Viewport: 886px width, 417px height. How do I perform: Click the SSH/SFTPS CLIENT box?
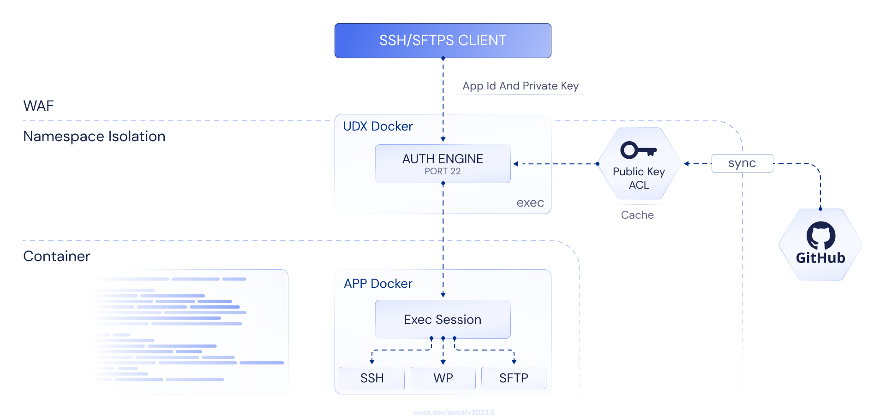[443, 41]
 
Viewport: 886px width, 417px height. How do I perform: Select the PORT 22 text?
[443, 171]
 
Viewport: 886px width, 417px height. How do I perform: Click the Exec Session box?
[443, 319]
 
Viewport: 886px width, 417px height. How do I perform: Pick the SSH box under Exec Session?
[372, 378]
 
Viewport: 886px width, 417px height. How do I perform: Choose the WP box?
[443, 378]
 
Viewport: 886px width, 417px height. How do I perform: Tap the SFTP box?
[514, 378]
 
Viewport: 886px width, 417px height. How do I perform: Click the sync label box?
[742, 163]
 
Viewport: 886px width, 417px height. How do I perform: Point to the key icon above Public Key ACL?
[638, 150]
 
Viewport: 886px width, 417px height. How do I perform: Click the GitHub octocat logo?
[820, 236]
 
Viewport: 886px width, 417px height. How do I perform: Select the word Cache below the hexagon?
[637, 215]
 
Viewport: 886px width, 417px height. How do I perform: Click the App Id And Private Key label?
[521, 86]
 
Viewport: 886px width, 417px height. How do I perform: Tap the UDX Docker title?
[378, 126]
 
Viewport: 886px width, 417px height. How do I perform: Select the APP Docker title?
[378, 284]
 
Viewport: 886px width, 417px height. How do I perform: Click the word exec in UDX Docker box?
[530, 203]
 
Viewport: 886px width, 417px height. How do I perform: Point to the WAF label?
[38, 106]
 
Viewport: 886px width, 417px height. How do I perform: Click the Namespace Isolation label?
[94, 137]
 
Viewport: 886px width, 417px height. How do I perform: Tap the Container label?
[57, 256]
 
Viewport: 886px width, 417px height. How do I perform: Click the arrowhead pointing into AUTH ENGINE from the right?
[516, 164]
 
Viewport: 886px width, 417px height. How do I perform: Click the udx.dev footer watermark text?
[454, 412]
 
